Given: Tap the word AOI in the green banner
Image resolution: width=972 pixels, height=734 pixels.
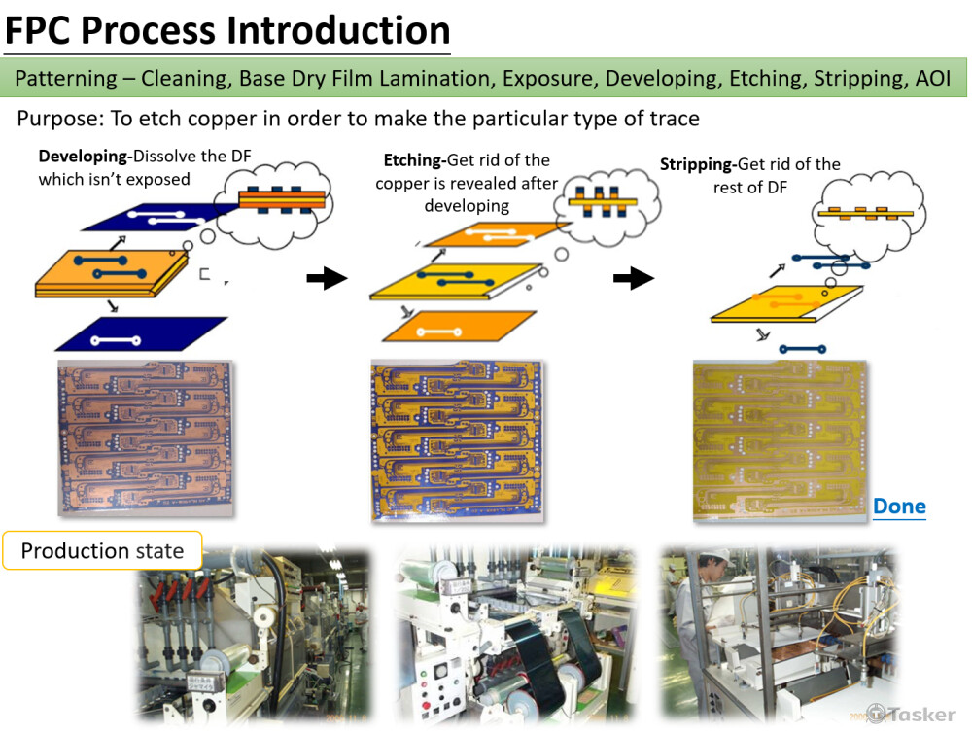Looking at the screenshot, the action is [x=933, y=79].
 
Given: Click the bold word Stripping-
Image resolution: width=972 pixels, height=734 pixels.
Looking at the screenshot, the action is [x=698, y=165].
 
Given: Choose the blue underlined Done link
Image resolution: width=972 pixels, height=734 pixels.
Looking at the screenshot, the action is [x=899, y=507].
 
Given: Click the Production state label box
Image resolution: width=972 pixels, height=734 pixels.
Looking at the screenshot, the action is [x=103, y=550].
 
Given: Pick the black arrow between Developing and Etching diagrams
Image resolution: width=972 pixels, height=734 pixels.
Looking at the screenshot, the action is [x=327, y=278].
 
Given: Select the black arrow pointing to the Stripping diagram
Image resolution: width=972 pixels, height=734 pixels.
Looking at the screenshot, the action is [x=634, y=278].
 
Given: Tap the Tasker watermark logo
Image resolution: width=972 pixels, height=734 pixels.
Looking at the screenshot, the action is [x=912, y=715].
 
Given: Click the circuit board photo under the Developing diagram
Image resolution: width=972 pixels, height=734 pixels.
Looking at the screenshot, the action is [x=145, y=438].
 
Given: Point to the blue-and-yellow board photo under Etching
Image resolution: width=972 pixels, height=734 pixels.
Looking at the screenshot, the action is [x=458, y=440].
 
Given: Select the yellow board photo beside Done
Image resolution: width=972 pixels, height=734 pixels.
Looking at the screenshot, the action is [x=780, y=440].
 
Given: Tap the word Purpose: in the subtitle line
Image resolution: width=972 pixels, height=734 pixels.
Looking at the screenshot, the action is [x=60, y=119].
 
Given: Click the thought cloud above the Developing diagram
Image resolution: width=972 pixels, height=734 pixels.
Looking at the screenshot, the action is [x=273, y=203].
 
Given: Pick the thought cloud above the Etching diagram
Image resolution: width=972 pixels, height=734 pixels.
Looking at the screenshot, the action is [x=607, y=204].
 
